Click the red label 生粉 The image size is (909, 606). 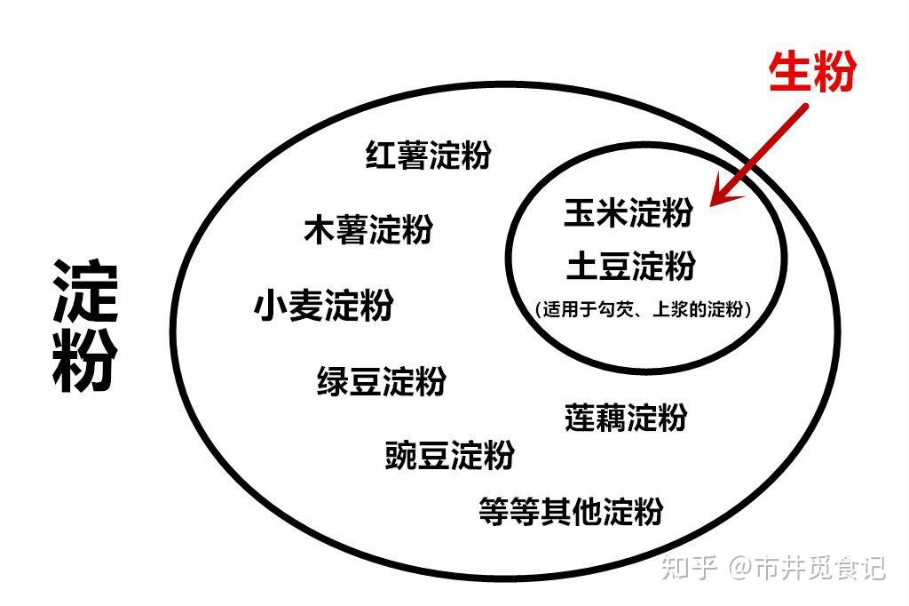tap(811, 70)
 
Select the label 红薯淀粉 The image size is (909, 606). tap(428, 155)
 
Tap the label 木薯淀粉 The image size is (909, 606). tap(368, 229)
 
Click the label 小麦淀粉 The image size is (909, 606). tap(323, 306)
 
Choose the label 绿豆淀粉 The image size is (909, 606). tap(382, 381)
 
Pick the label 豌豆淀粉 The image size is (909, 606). tap(450, 456)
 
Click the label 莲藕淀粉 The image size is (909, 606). tap(626, 417)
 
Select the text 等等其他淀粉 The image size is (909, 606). tap(571, 511)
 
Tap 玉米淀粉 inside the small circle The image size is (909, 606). tap(628, 213)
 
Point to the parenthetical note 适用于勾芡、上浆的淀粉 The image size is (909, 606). tap(644, 310)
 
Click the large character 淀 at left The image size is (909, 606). tap(84, 291)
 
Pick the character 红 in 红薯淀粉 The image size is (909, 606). tap(382, 155)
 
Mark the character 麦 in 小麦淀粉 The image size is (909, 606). tap(306, 306)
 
